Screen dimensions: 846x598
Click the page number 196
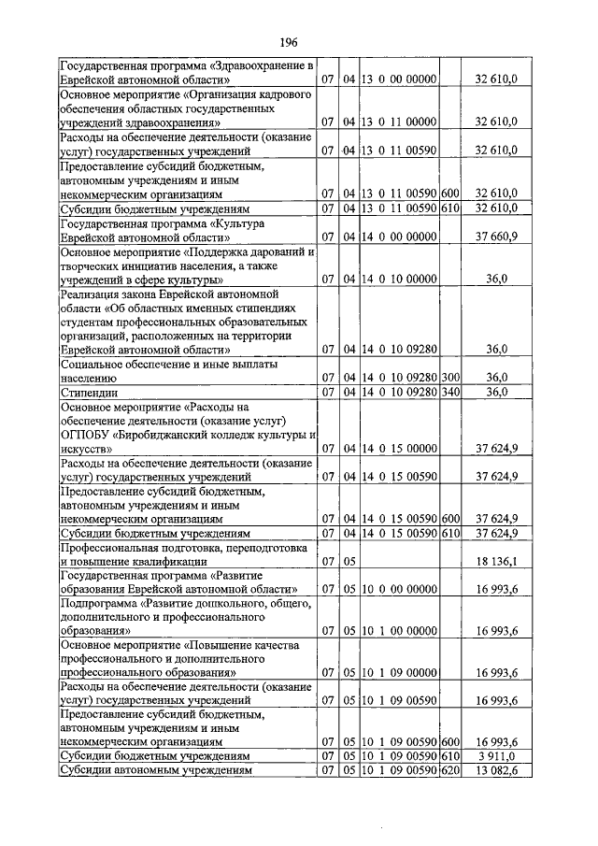click(x=288, y=42)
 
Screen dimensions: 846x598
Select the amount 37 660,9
click(x=496, y=237)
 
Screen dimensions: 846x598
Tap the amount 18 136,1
click(x=496, y=561)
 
